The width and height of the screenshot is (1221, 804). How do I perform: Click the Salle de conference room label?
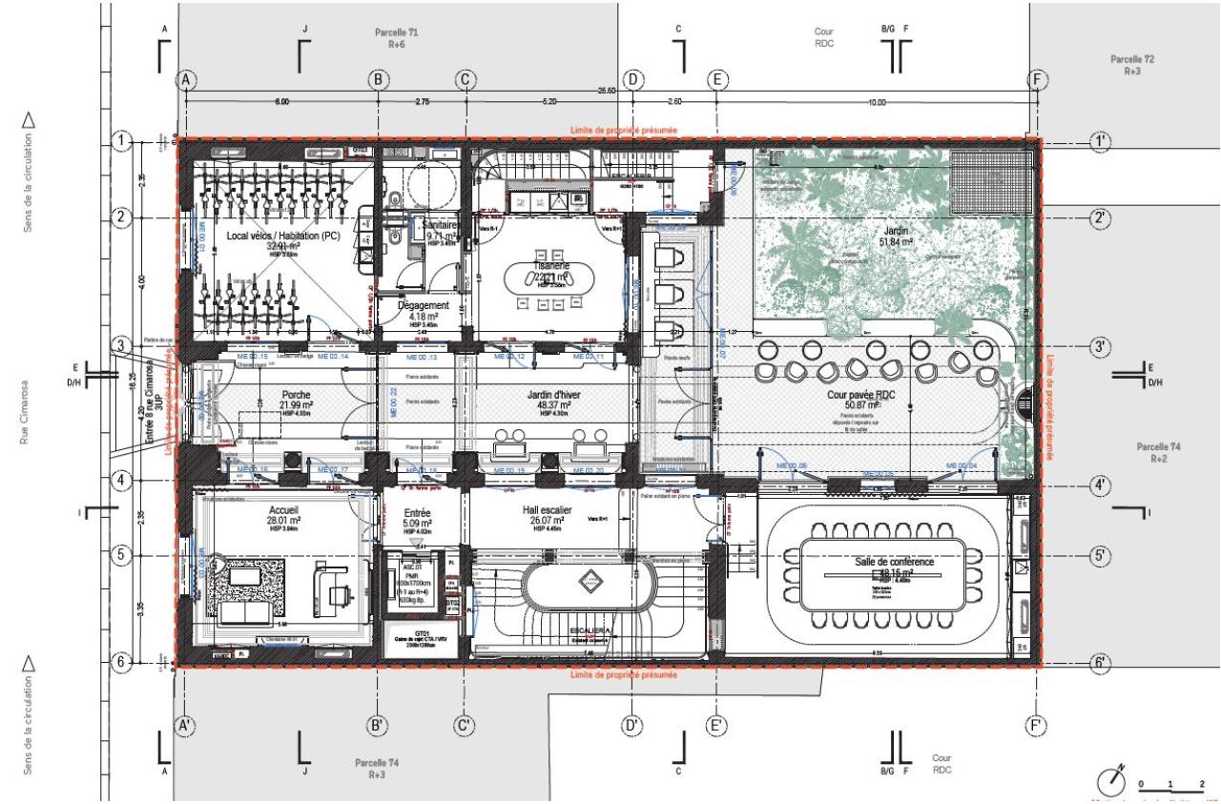click(894, 563)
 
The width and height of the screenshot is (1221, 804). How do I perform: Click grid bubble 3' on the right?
click(1101, 347)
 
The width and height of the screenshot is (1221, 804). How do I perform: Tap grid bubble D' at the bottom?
click(631, 727)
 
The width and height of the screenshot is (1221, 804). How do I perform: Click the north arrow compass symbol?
click(1109, 780)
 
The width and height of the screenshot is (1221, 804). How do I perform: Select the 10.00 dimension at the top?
click(878, 101)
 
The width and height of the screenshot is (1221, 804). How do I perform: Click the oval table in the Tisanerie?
click(542, 279)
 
